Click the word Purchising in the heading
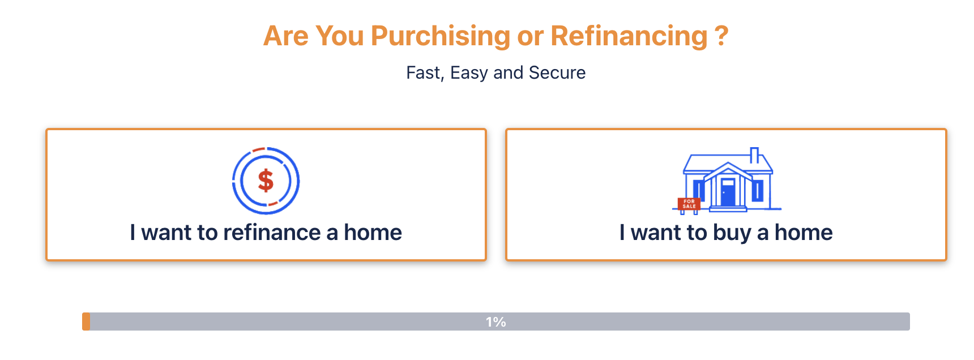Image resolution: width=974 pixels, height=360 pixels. [x=441, y=37]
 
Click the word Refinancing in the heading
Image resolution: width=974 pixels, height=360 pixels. [x=629, y=37]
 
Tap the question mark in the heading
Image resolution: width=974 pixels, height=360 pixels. [x=721, y=36]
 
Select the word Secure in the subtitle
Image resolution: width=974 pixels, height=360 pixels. [x=557, y=72]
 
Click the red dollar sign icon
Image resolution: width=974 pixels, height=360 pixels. [x=266, y=181]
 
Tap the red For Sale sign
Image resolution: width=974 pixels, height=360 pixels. [x=689, y=204]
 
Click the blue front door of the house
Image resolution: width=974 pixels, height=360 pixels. [x=728, y=192]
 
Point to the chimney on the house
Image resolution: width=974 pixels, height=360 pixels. [x=754, y=154]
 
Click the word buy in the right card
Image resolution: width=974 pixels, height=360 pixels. [x=732, y=233]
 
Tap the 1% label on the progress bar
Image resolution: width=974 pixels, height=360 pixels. [x=496, y=322]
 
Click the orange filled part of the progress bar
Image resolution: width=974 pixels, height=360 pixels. [x=86, y=322]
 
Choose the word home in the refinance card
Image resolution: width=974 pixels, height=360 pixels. [x=373, y=233]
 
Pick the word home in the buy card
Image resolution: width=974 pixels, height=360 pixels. [x=804, y=233]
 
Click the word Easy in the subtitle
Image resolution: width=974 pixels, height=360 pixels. [x=469, y=73]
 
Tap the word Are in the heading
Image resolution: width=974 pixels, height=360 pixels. [x=286, y=36]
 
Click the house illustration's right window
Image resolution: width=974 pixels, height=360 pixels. [x=758, y=191]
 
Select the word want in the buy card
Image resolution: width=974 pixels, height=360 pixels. [x=656, y=233]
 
